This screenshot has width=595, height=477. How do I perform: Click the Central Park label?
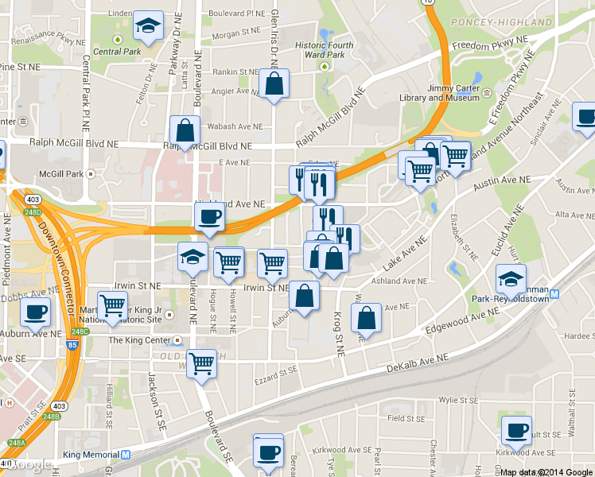(116, 52)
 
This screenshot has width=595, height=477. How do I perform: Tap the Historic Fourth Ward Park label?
(325, 50)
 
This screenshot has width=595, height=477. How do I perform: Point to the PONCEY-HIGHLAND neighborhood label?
(501, 22)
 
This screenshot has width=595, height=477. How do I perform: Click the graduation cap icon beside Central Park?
(148, 27)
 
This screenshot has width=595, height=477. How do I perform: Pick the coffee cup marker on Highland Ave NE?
(209, 216)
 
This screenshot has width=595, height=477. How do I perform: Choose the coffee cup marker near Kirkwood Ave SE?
(516, 432)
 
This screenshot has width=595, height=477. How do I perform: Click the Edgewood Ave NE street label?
(454, 316)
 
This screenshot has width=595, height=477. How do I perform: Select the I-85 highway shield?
(74, 347)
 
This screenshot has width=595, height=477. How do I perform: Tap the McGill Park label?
(61, 173)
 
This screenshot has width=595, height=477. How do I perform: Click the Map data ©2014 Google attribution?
(546, 471)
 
